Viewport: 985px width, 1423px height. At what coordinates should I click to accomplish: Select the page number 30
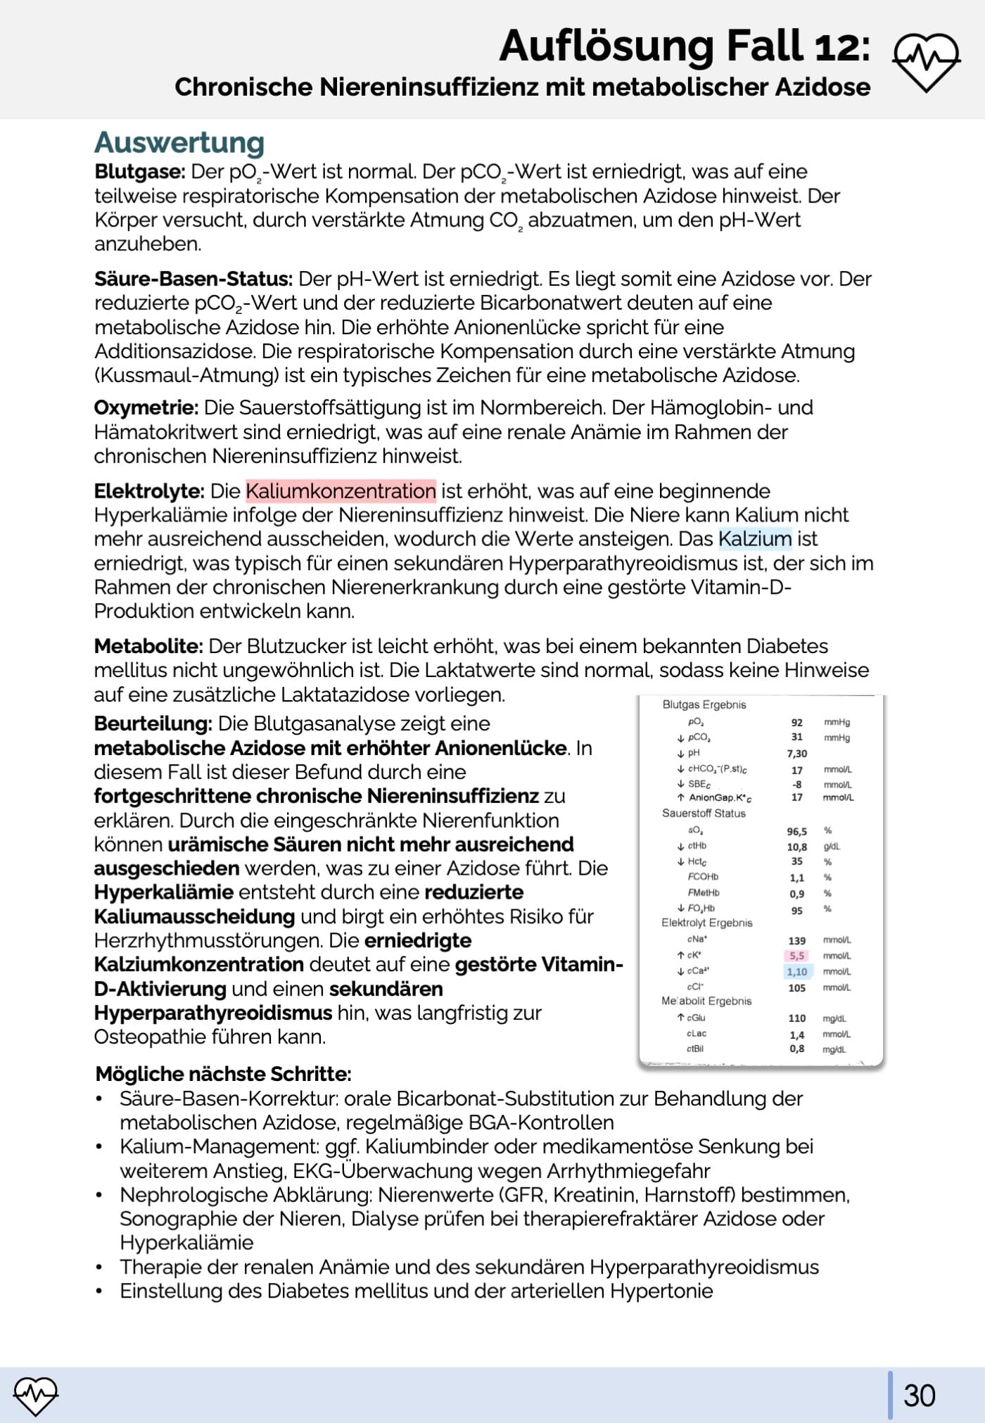(x=919, y=1396)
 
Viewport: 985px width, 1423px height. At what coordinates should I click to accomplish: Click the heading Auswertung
(x=179, y=142)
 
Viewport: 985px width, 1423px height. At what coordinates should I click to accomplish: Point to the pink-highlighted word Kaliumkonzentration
(x=341, y=491)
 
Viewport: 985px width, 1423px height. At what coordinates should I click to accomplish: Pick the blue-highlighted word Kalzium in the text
(x=755, y=538)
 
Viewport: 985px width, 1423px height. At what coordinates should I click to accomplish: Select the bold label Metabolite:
(x=148, y=646)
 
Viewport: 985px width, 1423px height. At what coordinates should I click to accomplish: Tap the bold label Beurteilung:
(x=153, y=723)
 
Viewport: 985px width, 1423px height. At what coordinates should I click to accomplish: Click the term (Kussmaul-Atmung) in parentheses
(x=186, y=375)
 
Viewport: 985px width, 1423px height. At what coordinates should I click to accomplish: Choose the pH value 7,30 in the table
(x=796, y=754)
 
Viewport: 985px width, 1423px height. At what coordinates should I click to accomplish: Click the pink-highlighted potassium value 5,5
(x=796, y=956)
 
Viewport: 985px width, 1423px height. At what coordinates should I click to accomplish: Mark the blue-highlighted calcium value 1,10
(x=797, y=972)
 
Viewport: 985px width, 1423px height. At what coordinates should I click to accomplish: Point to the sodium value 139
(x=796, y=941)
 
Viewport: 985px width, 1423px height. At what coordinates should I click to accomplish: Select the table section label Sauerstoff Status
(x=704, y=814)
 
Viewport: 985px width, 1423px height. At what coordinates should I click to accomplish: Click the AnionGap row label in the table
(x=720, y=798)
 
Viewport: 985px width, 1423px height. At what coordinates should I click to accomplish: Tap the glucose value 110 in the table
(x=796, y=1018)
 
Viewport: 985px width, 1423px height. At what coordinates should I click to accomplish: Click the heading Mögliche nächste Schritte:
(x=223, y=1074)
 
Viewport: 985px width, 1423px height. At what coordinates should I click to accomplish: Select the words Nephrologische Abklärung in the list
(x=246, y=1195)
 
